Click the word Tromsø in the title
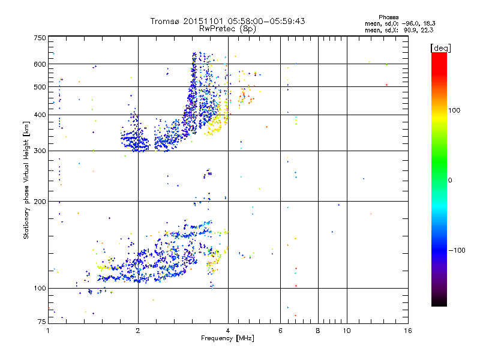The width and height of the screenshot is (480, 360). (x=165, y=21)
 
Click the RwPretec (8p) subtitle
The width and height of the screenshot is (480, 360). (x=228, y=28)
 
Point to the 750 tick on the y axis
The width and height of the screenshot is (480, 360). (x=40, y=38)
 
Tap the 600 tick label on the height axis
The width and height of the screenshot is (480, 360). (x=40, y=64)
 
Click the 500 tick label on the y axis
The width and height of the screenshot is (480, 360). (x=40, y=87)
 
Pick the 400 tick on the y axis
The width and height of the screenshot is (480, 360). (x=40, y=115)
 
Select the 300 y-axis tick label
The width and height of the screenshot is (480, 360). (x=40, y=151)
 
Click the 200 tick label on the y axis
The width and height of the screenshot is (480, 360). (x=40, y=202)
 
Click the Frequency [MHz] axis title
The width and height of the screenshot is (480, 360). (x=228, y=339)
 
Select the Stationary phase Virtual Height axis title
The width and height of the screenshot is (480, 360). (x=26, y=180)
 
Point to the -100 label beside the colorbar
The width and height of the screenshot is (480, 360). (x=458, y=250)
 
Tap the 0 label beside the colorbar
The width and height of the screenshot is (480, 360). (x=451, y=180)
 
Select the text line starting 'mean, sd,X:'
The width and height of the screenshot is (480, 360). (x=398, y=29)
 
